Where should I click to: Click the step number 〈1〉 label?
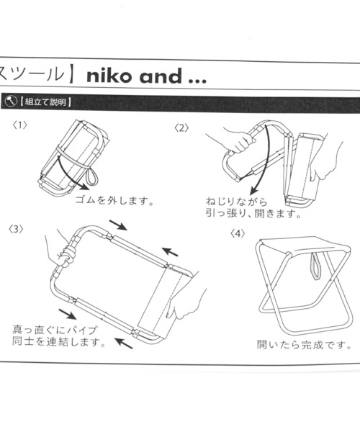click(20, 125)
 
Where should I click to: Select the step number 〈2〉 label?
click(182, 128)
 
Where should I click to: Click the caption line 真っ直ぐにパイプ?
click(55, 330)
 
